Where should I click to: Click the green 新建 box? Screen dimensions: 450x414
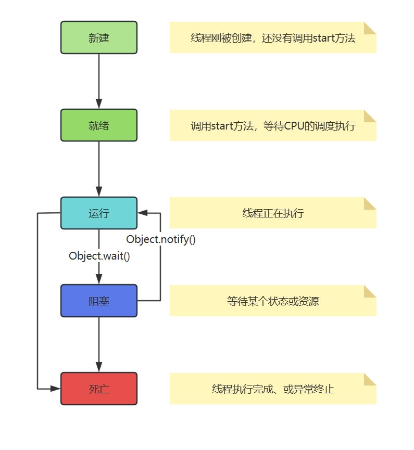[x=99, y=37]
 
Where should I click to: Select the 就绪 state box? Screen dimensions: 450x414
[x=99, y=125]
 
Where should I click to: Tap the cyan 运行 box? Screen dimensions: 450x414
[x=99, y=213]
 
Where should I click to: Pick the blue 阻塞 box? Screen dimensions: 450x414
[x=99, y=301]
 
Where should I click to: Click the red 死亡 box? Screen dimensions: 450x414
[x=99, y=389]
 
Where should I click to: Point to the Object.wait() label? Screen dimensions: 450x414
[x=99, y=256]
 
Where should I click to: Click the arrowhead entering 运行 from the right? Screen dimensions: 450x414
[x=143, y=213]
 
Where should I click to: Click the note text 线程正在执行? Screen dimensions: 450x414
[x=273, y=213]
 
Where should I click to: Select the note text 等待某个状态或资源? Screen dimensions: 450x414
[x=273, y=301]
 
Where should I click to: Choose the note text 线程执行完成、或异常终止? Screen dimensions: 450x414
[x=273, y=389]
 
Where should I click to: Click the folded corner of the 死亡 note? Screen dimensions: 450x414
[x=370, y=379]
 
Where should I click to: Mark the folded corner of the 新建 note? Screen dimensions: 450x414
[x=370, y=28]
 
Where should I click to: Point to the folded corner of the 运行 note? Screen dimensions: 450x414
[x=370, y=203]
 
